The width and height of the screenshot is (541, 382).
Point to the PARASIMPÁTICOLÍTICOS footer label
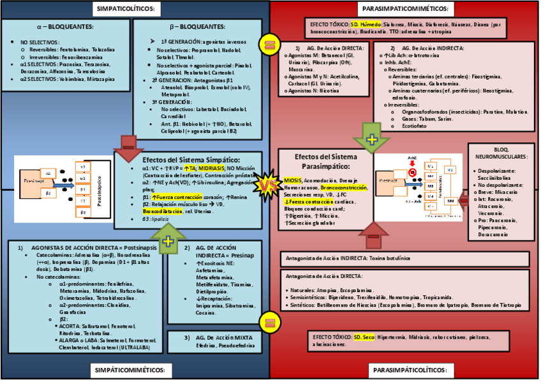[x=408, y=370]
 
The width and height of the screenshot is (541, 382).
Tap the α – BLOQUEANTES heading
[x=65, y=27]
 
